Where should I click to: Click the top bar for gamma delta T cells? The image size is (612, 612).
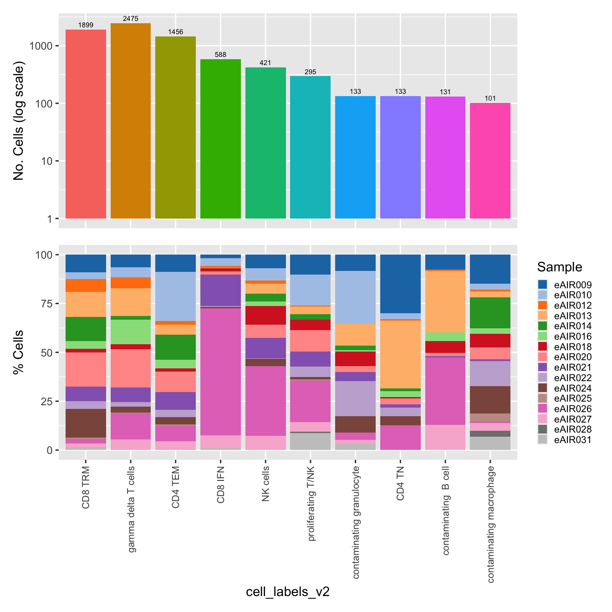pos(131,121)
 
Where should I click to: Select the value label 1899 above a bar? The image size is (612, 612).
pos(86,25)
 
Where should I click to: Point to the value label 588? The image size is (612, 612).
pos(220,55)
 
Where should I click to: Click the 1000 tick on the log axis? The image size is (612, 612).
pos(41,46)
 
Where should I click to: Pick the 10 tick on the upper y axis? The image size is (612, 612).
pos(47,161)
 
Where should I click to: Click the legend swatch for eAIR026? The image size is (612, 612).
pos(542,409)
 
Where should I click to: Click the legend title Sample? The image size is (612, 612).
pos(559,267)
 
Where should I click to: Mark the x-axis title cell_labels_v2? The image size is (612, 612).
pos(288,592)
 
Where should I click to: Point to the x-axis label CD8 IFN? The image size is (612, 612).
pos(221,485)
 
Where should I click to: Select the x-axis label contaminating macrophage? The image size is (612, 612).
pos(490,524)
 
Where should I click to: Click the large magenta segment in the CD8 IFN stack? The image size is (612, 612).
pos(220,371)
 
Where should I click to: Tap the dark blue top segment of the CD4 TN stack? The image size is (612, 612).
pos(400,284)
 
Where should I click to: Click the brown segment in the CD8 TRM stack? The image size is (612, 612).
pos(86,423)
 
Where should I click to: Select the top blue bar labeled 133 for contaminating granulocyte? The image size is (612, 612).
pos(355,157)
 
